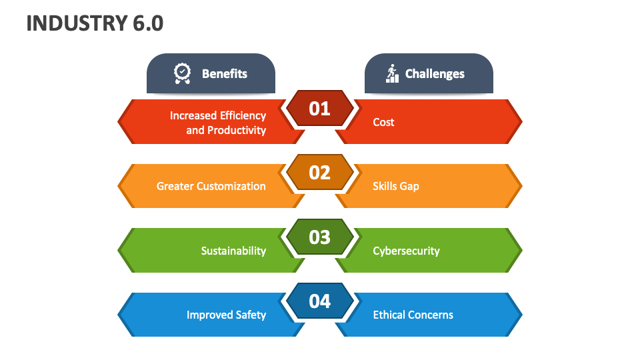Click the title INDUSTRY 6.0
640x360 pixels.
(x=95, y=23)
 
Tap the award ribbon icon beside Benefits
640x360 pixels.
(x=182, y=73)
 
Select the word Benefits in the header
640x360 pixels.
(x=225, y=74)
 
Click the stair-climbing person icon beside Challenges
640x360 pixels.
(x=392, y=73)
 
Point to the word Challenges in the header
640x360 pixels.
(x=435, y=74)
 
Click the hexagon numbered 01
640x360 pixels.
(x=319, y=108)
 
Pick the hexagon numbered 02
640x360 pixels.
(x=319, y=172)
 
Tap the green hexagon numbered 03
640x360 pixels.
(x=319, y=237)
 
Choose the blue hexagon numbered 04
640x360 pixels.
(x=319, y=301)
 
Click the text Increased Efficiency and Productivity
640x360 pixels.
(x=218, y=123)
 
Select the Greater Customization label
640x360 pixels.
(x=211, y=186)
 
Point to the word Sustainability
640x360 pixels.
(x=233, y=251)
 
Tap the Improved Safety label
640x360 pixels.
(x=226, y=315)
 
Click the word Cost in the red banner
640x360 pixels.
(x=383, y=122)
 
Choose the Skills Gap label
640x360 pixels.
(x=396, y=186)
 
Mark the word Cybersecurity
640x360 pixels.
(x=406, y=251)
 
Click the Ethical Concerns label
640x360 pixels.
(x=413, y=315)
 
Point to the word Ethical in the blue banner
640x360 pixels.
(x=389, y=315)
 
